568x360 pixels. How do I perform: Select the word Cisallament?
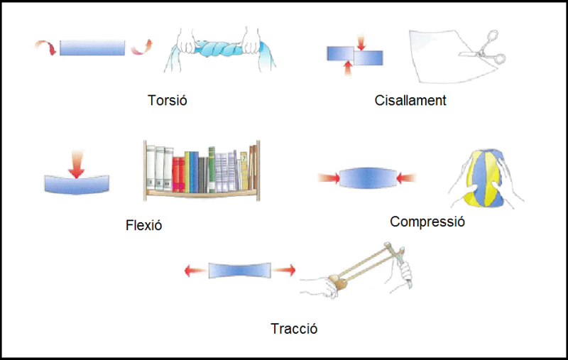click(x=410, y=100)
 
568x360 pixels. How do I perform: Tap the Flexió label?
click(x=143, y=226)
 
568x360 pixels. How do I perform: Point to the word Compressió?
click(x=427, y=222)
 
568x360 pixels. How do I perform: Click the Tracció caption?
click(x=293, y=329)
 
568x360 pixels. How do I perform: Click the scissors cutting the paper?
click(x=484, y=55)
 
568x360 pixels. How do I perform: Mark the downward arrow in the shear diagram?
click(x=361, y=42)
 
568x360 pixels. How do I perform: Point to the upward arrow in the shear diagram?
click(x=347, y=68)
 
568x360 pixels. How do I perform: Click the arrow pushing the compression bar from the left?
click(x=328, y=177)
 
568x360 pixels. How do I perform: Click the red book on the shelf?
click(x=178, y=174)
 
